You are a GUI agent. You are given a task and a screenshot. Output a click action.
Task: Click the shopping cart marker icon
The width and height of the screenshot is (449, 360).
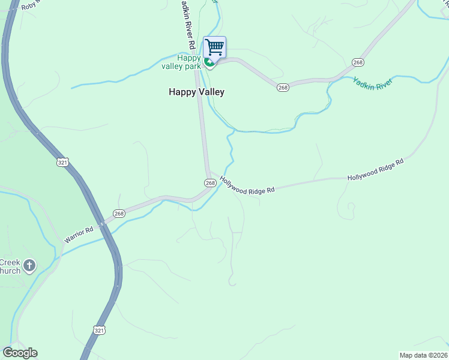[x=214, y=47]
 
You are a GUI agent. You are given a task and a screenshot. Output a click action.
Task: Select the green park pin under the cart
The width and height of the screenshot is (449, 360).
[x=209, y=62]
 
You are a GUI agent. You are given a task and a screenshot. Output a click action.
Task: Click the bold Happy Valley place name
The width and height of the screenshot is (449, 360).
[x=196, y=92]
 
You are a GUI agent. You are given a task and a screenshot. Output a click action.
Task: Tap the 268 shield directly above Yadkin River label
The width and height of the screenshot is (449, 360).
[x=358, y=62]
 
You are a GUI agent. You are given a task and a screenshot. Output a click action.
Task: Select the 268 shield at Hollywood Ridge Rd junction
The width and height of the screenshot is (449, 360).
[x=210, y=182]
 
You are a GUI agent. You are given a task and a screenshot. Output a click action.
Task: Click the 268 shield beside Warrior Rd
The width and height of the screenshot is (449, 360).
[x=119, y=213]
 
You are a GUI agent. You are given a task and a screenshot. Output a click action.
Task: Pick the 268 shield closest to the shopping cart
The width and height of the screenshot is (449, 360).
[x=283, y=88]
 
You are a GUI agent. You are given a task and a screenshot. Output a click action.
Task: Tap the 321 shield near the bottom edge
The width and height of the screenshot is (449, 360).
[x=100, y=330]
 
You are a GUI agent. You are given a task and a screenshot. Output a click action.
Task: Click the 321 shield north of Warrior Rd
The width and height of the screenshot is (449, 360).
[x=64, y=162]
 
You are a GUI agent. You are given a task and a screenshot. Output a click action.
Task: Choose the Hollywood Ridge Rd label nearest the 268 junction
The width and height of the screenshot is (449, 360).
[x=247, y=184]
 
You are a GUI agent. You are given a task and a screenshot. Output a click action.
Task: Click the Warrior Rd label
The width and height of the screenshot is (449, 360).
[x=79, y=235]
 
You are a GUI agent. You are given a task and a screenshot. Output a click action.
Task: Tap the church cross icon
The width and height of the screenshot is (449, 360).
[x=29, y=265]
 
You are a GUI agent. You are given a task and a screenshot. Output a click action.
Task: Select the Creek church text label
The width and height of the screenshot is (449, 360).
[x=10, y=266]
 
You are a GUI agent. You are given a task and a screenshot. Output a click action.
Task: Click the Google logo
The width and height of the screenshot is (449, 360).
[x=20, y=353]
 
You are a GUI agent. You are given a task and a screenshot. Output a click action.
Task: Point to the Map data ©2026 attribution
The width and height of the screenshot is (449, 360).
[x=424, y=355]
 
